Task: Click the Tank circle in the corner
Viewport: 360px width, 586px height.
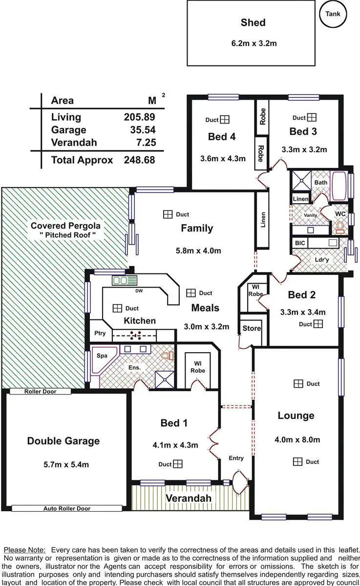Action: (x=333, y=14)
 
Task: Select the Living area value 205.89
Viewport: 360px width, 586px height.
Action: (x=139, y=117)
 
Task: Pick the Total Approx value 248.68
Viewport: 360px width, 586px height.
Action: (x=139, y=160)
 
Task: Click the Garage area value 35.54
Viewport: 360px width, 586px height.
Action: (x=139, y=130)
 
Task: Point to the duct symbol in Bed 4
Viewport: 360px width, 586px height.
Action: (x=224, y=120)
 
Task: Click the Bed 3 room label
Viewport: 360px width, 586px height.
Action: (x=303, y=131)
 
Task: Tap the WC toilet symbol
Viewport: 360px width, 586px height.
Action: (x=340, y=227)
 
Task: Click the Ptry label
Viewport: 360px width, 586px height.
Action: (x=100, y=334)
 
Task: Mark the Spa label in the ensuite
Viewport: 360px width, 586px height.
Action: (x=102, y=356)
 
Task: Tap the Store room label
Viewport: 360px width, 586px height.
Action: (x=252, y=329)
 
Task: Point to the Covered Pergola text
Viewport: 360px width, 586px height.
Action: (x=65, y=226)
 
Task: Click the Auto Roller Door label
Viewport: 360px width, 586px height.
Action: (x=66, y=508)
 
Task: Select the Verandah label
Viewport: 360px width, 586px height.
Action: (x=189, y=498)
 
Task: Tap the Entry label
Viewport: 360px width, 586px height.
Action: (x=236, y=458)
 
